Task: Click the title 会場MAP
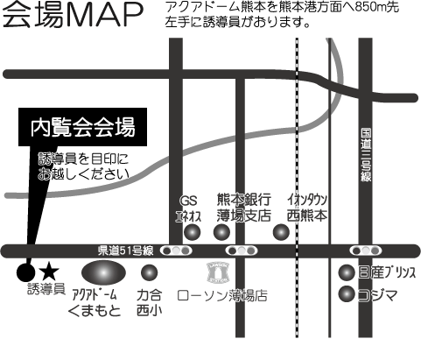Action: pos(73,16)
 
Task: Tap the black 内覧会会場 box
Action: pos(82,127)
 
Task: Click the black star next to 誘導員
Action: pos(49,272)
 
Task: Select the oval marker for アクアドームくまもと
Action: pos(103,272)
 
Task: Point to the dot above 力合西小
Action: pos(149,272)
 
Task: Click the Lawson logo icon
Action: pos(218,272)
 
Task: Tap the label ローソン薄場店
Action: pos(222,295)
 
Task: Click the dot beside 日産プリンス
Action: pos(347,272)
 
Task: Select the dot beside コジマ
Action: pos(347,294)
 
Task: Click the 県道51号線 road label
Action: pos(125,251)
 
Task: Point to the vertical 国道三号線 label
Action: pos(366,155)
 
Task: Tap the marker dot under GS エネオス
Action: pos(193,232)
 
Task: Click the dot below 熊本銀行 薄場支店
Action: pos(221,232)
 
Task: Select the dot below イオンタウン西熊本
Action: pos(281,232)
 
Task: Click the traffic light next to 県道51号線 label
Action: pos(176,251)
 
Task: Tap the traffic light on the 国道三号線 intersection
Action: pos(366,251)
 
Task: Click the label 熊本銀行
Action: pos(244,200)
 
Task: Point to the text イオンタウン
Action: pos(307,201)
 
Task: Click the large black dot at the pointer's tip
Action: pos(25,272)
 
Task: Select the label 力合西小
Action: pos(149,303)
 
